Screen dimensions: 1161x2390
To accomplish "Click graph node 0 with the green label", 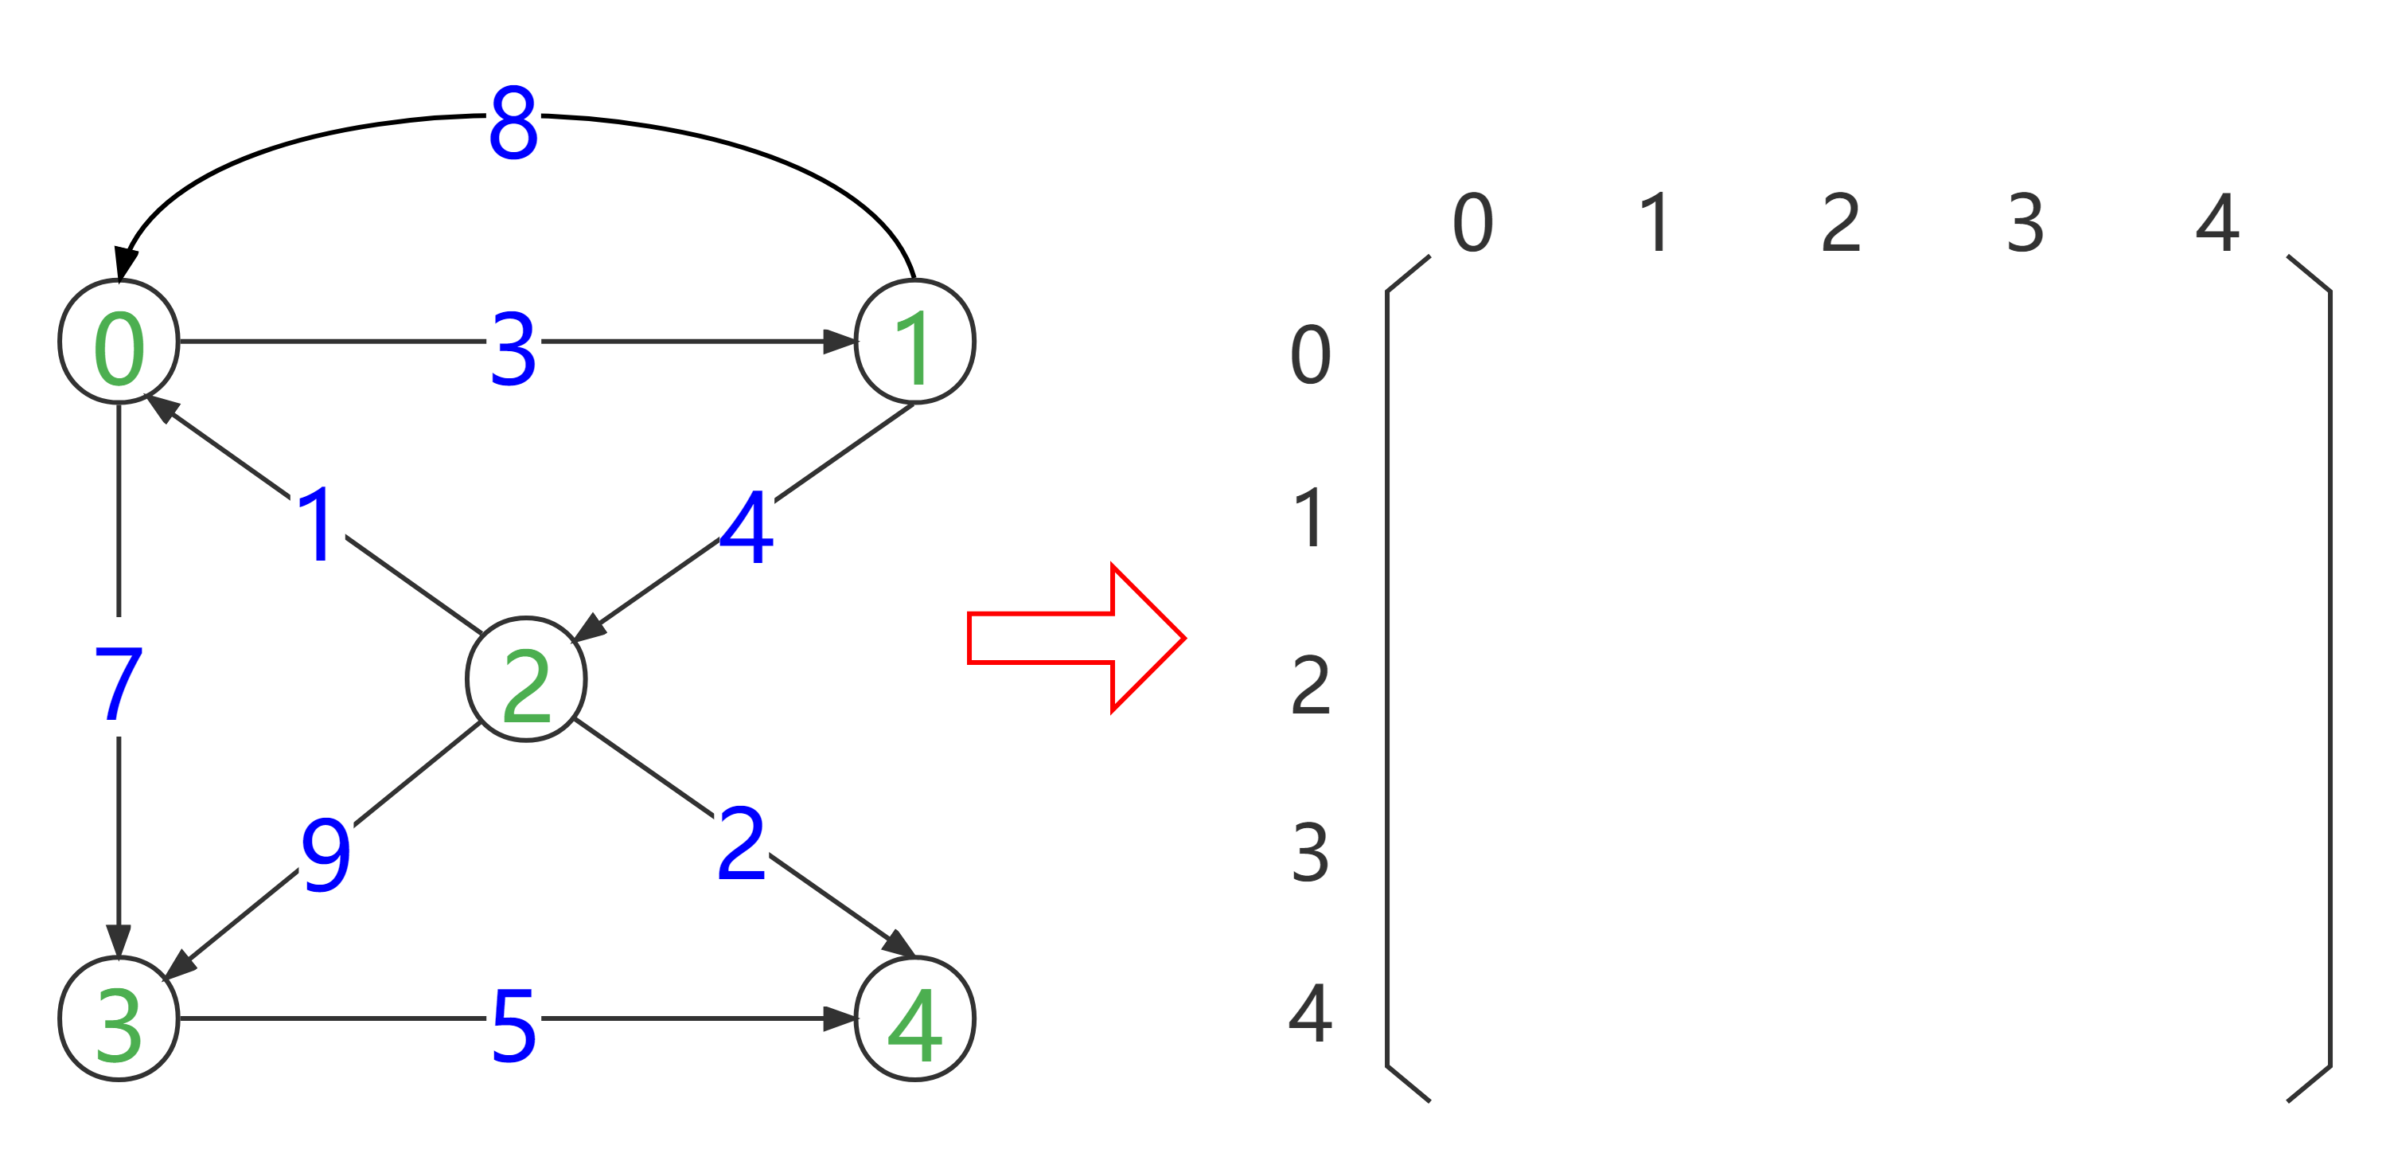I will pos(119,342).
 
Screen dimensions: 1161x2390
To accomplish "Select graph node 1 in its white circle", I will pos(914,342).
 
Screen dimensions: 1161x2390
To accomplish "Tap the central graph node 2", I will pos(526,679).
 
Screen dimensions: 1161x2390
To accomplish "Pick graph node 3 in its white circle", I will pos(119,1018).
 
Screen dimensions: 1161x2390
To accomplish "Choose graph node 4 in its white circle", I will pos(914,1018).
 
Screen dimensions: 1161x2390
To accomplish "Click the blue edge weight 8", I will pos(513,115).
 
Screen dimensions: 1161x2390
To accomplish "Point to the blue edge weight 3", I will pos(513,342).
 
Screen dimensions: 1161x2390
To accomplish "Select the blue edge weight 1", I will pos(318,517).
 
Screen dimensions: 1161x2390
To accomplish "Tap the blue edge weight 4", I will pos(747,521).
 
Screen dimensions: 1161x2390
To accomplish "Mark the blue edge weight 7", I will pos(118,677).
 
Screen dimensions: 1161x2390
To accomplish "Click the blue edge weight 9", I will pos(326,847).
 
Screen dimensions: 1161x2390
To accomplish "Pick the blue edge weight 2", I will pos(741,835).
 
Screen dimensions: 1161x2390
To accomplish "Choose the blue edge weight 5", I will pos(513,1018).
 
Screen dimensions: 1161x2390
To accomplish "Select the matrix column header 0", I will pos(1472,223).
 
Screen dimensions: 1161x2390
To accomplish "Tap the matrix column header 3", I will pos(2025,223).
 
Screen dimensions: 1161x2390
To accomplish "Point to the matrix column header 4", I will pos(2217,223).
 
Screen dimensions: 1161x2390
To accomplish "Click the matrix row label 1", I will pos(1310,518).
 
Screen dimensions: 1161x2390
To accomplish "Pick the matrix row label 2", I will pos(1310,685).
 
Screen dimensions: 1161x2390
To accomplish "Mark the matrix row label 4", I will pos(1310,1014).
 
